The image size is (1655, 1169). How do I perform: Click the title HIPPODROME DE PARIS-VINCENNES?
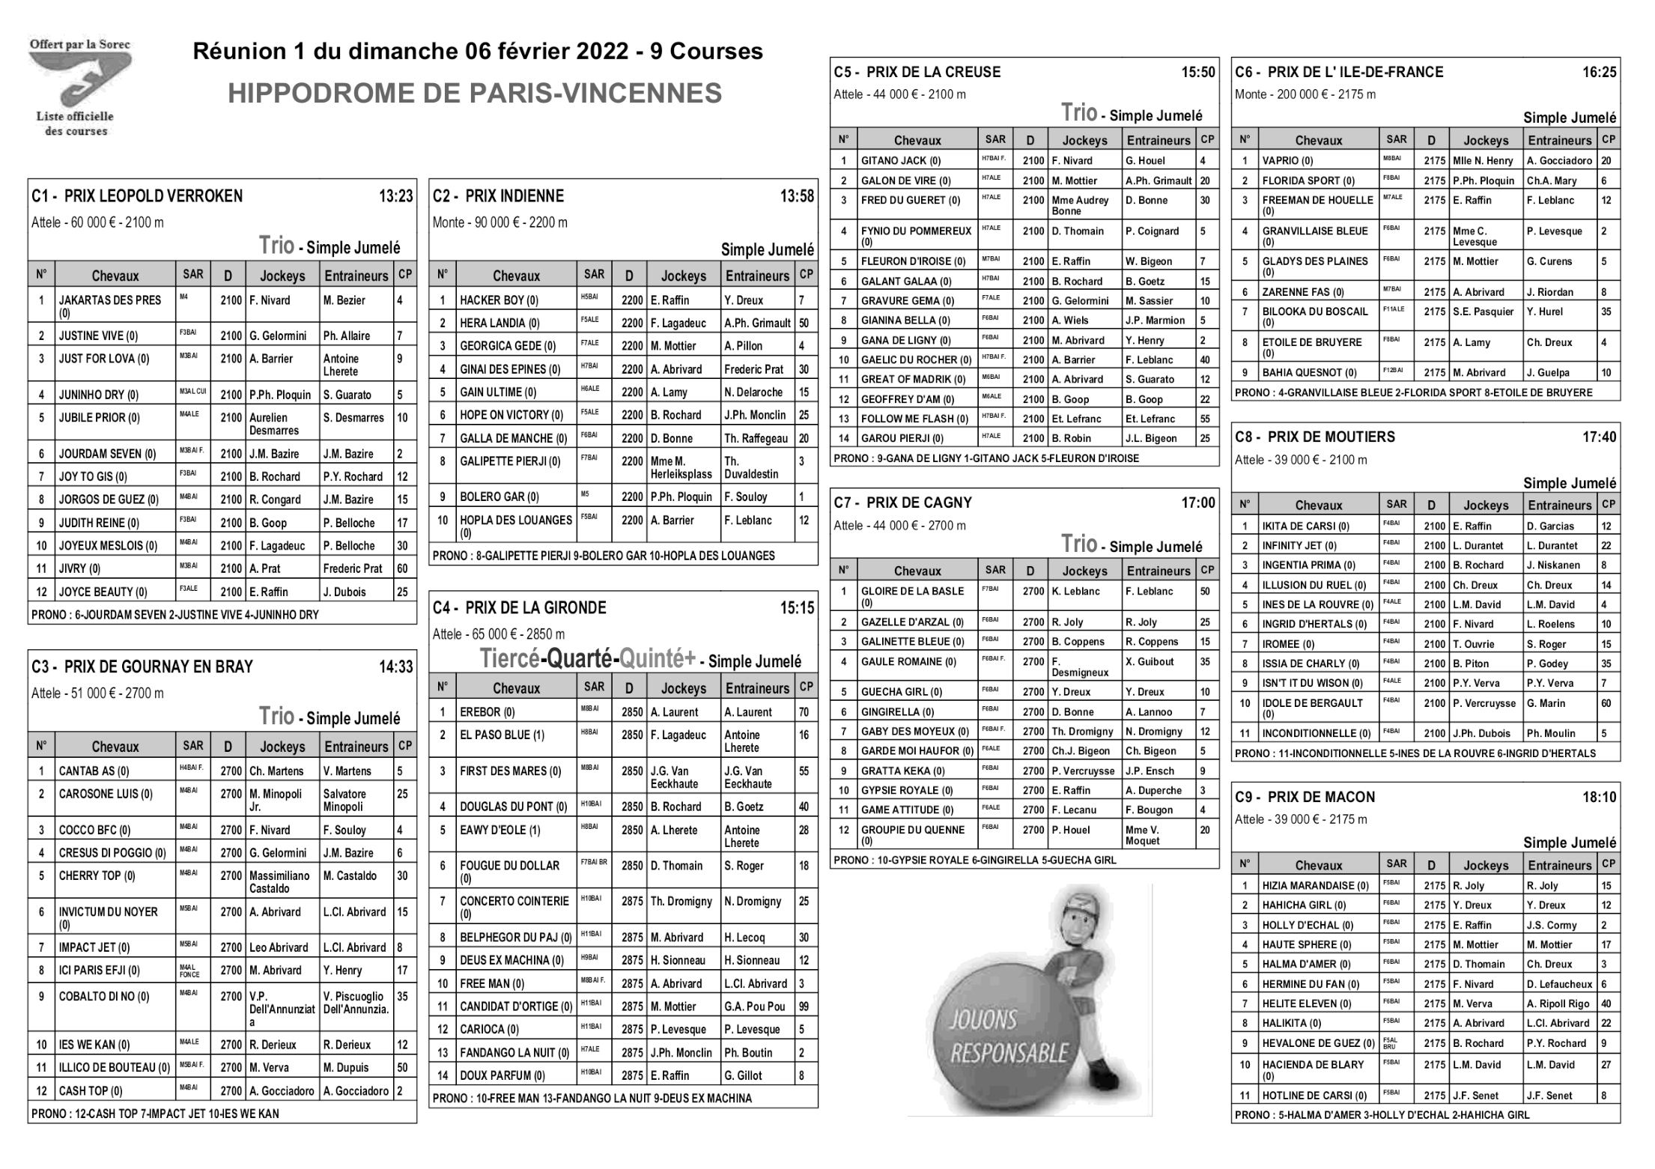click(475, 94)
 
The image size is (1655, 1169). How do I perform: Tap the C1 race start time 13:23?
click(395, 196)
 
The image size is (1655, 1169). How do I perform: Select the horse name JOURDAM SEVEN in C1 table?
click(107, 454)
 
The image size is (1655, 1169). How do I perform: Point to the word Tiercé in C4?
click(509, 659)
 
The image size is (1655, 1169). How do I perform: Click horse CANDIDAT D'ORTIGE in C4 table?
click(515, 1006)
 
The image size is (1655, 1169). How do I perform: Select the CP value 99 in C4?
click(804, 1006)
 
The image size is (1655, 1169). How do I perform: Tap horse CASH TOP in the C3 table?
click(90, 1091)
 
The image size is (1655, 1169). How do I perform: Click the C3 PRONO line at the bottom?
click(155, 1114)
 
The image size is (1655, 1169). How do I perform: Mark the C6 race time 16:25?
click(1599, 73)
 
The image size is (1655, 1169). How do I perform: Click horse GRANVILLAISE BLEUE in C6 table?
click(1314, 231)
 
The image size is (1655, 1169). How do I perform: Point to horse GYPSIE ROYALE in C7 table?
click(906, 790)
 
